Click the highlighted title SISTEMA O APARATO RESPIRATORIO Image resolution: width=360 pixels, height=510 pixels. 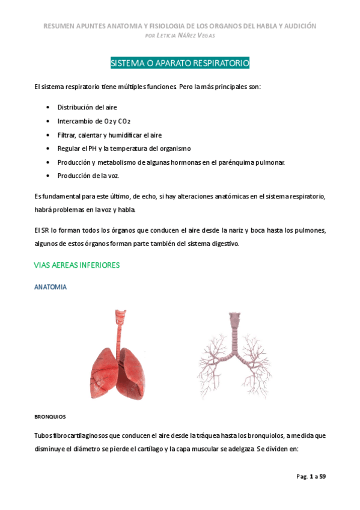[x=180, y=63]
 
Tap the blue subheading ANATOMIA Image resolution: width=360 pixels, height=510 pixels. [x=50, y=287]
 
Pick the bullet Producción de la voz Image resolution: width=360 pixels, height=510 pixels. [x=88, y=176]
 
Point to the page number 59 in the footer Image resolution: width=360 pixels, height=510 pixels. [x=323, y=476]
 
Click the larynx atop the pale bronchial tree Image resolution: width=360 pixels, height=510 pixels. [x=233, y=319]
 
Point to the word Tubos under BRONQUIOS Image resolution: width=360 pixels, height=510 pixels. [x=44, y=435]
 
